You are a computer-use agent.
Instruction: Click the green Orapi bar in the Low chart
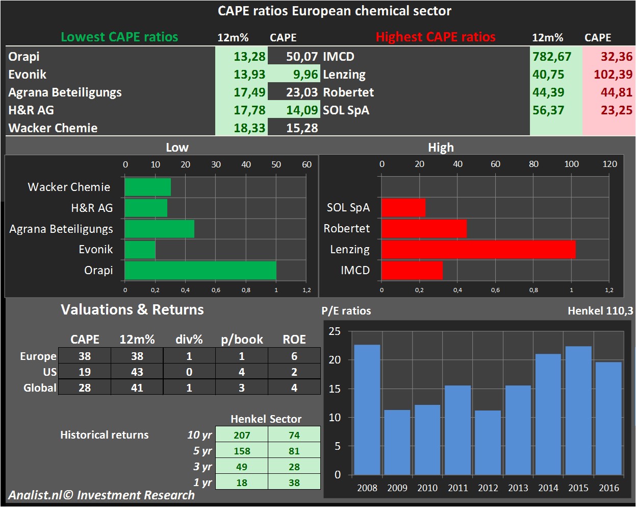coord(200,271)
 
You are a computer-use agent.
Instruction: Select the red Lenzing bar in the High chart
coord(478,250)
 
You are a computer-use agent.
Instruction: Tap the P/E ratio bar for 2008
coord(367,409)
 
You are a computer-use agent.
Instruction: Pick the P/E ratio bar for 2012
coord(488,442)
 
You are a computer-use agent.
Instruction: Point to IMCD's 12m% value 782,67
coord(552,57)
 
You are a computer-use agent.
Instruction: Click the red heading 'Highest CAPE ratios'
coord(436,37)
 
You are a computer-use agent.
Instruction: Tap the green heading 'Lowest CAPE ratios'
coord(119,37)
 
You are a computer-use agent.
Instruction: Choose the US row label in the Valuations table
coord(49,372)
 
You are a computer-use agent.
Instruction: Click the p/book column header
coord(242,340)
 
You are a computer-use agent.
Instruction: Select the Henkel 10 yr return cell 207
coord(242,435)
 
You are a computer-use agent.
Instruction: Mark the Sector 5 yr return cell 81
coord(294,451)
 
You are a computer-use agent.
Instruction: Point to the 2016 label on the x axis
coord(608,488)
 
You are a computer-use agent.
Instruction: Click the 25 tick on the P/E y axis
coord(335,331)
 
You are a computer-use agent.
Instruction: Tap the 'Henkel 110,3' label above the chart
coord(600,310)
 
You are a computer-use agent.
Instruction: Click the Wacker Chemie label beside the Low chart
coord(69,187)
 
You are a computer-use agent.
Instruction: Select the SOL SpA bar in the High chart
coord(403,208)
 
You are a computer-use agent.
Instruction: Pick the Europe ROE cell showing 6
coord(294,356)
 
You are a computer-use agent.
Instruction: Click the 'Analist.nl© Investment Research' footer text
coord(101,495)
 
